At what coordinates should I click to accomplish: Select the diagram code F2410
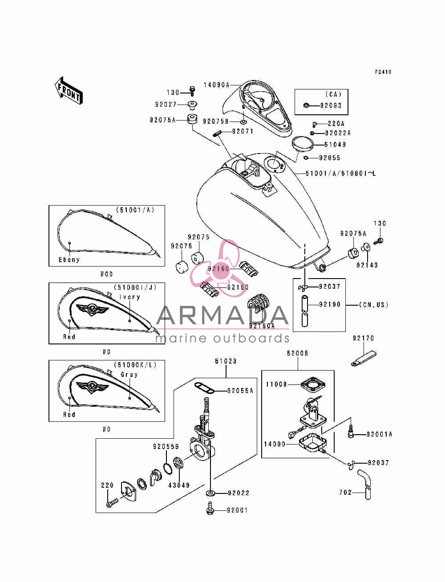383,72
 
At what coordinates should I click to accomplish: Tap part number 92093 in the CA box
331,105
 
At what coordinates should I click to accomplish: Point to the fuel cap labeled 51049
302,144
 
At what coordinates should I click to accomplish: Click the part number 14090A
216,85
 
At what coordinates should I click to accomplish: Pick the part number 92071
243,132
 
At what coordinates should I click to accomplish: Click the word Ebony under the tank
69,259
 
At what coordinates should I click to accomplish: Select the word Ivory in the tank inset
129,297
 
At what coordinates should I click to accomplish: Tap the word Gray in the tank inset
129,374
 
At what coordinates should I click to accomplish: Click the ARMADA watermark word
222,315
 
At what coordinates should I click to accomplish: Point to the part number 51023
226,361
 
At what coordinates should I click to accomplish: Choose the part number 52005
298,353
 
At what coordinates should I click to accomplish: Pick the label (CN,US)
374,305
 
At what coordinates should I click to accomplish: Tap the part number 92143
367,265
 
